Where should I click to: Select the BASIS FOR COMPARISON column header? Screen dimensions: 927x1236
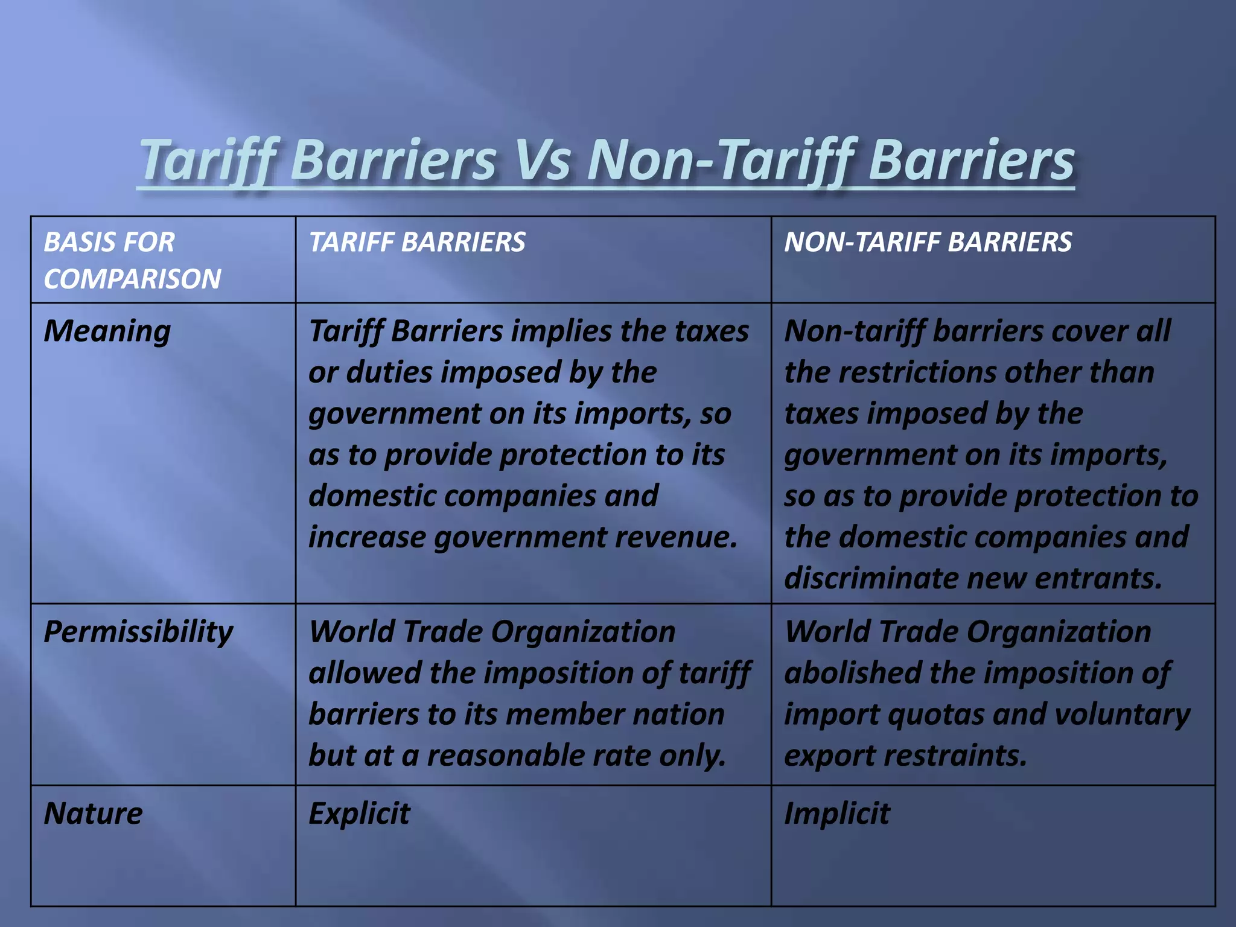[132, 260]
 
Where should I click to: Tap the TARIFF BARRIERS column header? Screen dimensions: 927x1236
[417, 242]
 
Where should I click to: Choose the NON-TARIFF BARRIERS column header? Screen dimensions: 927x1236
[928, 242]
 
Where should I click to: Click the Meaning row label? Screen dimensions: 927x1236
[107, 331]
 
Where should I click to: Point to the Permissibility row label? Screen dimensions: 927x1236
[138, 632]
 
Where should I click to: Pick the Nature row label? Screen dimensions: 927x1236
[94, 813]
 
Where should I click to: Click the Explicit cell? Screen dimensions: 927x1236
[360, 813]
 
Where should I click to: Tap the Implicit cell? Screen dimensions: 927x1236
[836, 813]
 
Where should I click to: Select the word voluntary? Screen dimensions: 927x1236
[1123, 715]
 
